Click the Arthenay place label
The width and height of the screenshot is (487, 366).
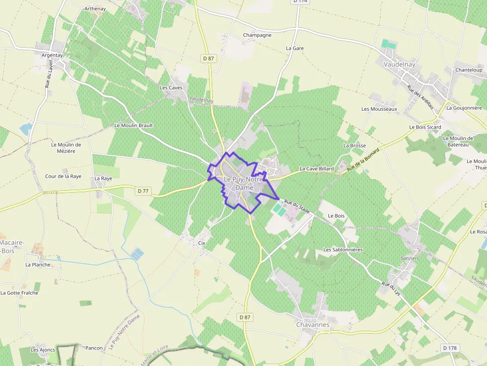pos(95,9)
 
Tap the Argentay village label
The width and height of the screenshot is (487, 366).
pos(53,55)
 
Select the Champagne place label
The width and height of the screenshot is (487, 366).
pos(257,35)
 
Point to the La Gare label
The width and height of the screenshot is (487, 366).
pos(295,48)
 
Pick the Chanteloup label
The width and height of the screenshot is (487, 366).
pos(469,70)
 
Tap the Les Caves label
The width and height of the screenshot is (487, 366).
pos(171,88)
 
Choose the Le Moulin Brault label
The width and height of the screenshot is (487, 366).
pos(134,126)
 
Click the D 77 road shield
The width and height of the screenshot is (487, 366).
pos(143,191)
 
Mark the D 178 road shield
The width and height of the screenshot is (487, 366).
pos(450,348)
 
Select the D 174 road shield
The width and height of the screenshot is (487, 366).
pos(300,2)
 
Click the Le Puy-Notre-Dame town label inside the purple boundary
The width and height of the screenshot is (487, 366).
pos(243,183)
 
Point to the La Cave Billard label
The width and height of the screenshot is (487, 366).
pos(317,169)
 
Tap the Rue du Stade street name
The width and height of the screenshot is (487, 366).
pos(297,206)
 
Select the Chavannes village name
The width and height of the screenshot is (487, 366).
pos(313,324)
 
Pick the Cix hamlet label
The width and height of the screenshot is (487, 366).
pos(201,243)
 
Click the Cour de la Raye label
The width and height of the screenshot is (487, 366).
pos(63,176)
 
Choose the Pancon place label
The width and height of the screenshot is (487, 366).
pos(94,348)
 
